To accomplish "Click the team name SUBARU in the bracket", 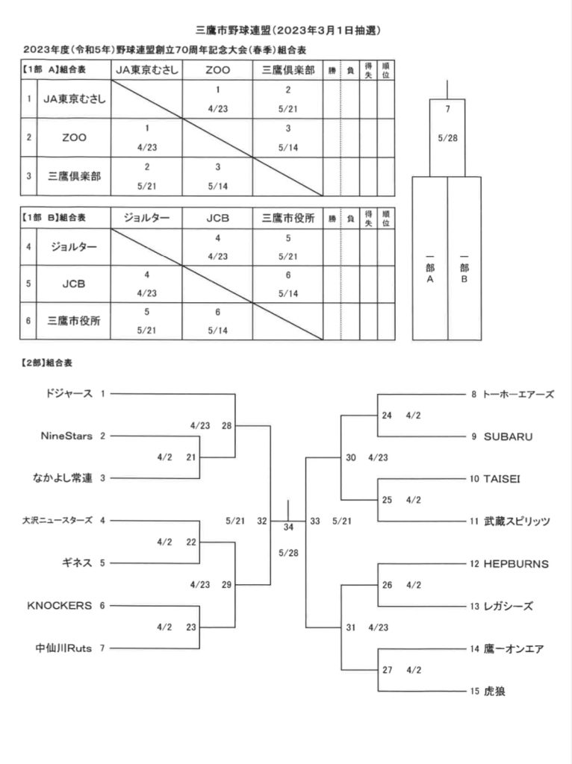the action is pos(508,436).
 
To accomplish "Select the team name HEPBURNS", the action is pos(516,564).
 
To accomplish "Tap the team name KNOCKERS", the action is pos(60,606).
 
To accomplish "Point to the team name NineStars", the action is pos(66,436).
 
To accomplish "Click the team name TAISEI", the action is pos(502,479).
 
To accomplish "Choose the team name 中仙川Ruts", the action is pos(63,648).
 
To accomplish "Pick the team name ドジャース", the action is pos(68,393).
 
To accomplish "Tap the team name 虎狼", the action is pos(494,691).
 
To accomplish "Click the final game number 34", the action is pos(288,527).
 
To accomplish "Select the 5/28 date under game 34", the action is pos(288,553).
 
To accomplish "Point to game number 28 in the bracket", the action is pos(227,425).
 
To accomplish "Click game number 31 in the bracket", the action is pos(351,627).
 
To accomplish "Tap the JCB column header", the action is pos(217,218).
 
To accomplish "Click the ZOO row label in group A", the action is pos(74,137).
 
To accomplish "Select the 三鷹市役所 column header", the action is pos(288,218).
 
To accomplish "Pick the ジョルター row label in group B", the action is pos(74,246).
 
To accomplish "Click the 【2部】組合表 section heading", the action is pos(47,363).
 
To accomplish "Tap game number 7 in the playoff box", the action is pos(447,109).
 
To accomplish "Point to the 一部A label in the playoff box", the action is pos(430,268).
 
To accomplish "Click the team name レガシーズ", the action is pos(508,606).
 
